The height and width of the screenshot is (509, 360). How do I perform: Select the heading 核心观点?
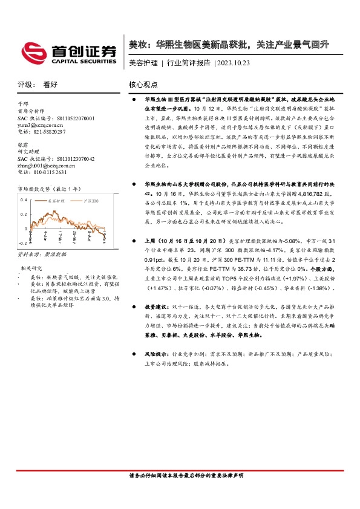tap(143, 85)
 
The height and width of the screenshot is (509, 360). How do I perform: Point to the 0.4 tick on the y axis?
tap(24, 199)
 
